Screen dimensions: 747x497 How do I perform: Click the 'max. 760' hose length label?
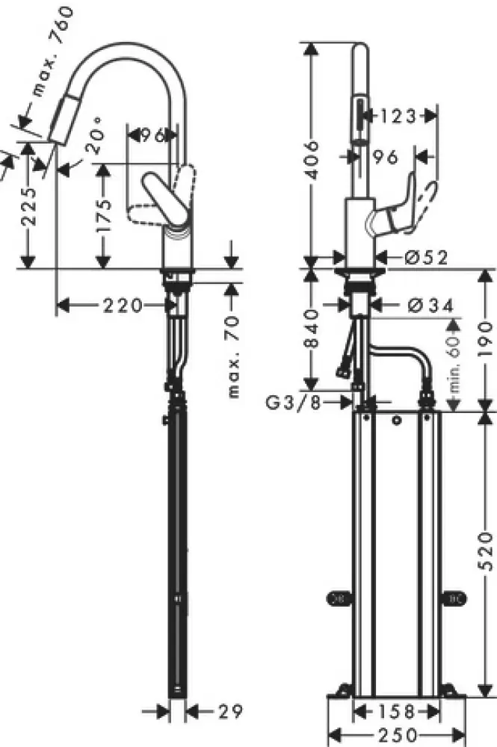[x=53, y=52]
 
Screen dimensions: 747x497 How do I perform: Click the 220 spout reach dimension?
[x=123, y=305]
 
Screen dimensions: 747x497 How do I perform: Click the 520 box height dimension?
[x=486, y=551]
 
